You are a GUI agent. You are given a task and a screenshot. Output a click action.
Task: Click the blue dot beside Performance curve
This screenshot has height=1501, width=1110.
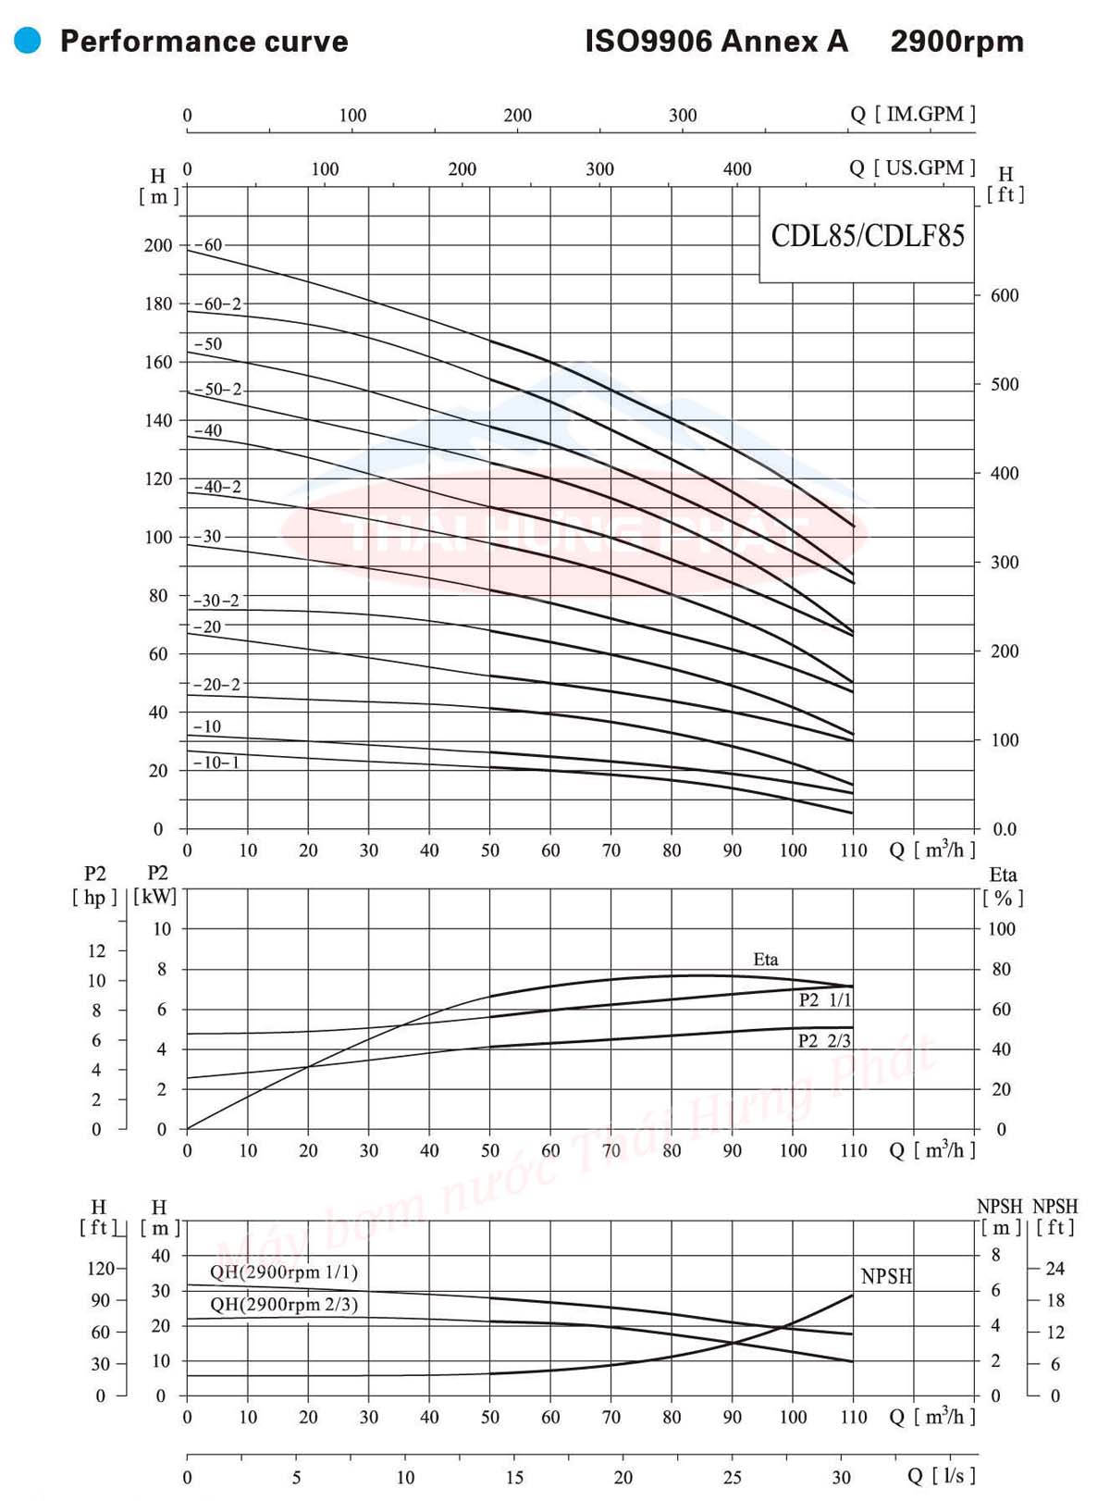tap(28, 41)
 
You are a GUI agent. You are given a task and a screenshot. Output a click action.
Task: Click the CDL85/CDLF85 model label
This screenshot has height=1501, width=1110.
tap(867, 236)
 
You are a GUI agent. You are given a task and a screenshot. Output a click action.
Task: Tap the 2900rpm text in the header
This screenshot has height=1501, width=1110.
tap(956, 42)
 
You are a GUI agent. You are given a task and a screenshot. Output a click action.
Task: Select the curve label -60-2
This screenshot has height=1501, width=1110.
tap(217, 304)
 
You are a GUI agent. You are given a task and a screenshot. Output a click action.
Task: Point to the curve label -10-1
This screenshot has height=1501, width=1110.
tap(216, 763)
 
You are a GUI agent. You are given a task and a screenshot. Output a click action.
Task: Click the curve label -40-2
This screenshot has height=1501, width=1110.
tap(217, 487)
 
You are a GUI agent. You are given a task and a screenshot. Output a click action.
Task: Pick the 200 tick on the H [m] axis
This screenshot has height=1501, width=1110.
tap(158, 245)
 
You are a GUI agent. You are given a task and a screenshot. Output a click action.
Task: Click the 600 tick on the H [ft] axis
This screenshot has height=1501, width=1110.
tap(1004, 295)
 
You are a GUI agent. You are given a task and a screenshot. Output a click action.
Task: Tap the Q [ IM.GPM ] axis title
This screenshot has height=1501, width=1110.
tap(912, 114)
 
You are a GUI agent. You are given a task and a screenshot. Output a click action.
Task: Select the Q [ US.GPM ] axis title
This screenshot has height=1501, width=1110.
tap(912, 167)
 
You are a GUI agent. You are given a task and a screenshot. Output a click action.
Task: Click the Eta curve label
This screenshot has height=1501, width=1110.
tap(765, 960)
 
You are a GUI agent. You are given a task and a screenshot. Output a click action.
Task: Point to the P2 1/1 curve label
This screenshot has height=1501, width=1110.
tap(824, 1000)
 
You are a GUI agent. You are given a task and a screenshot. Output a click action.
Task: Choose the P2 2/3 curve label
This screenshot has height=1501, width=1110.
tap(823, 1041)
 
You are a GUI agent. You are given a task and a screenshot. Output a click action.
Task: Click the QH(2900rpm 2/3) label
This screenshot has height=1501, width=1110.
tap(283, 1305)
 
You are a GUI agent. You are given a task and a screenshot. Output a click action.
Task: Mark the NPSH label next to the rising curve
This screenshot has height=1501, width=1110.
tap(885, 1277)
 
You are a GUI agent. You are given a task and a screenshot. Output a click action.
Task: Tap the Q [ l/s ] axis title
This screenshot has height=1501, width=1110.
tap(941, 1475)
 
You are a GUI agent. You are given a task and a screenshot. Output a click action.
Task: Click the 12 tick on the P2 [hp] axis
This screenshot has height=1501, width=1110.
tap(97, 951)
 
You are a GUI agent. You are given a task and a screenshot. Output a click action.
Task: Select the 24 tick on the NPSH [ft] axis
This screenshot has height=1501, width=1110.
tap(1054, 1269)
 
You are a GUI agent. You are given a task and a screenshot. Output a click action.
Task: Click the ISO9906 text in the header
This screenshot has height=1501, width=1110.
tap(648, 42)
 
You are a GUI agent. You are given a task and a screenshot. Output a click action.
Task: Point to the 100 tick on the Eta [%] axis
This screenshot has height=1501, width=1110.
tap(1001, 929)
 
